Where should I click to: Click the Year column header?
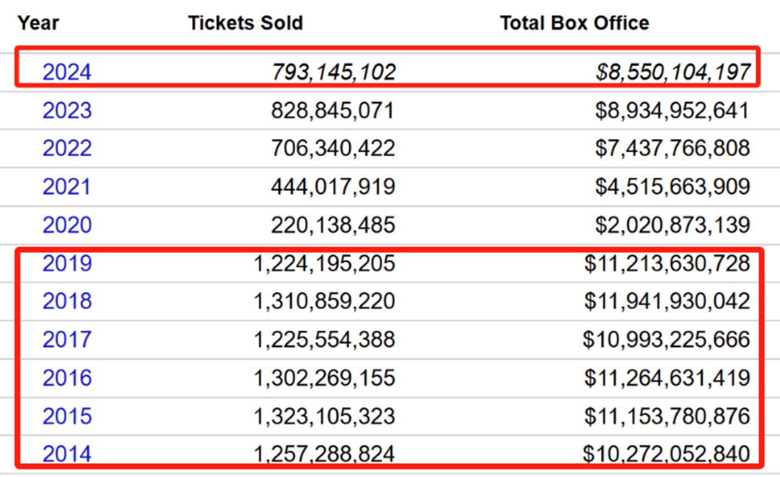click(38, 23)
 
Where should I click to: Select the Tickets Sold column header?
click(245, 23)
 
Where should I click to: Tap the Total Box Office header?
click(574, 23)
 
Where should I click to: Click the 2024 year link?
click(67, 73)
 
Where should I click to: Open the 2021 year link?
click(66, 186)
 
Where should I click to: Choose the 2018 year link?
click(67, 301)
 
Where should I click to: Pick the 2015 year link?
click(67, 416)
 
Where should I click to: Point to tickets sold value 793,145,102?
click(333, 73)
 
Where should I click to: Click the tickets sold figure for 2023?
click(333, 110)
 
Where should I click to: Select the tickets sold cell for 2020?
click(333, 225)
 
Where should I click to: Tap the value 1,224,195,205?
click(324, 263)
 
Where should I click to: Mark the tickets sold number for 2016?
click(324, 378)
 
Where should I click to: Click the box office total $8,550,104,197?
click(672, 73)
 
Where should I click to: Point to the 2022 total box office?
click(672, 148)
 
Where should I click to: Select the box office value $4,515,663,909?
click(672, 186)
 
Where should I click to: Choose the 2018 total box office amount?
click(667, 301)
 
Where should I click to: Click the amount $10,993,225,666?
click(666, 340)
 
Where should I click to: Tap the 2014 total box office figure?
click(666, 454)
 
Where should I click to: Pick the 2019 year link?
click(67, 263)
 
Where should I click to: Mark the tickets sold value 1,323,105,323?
click(324, 416)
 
